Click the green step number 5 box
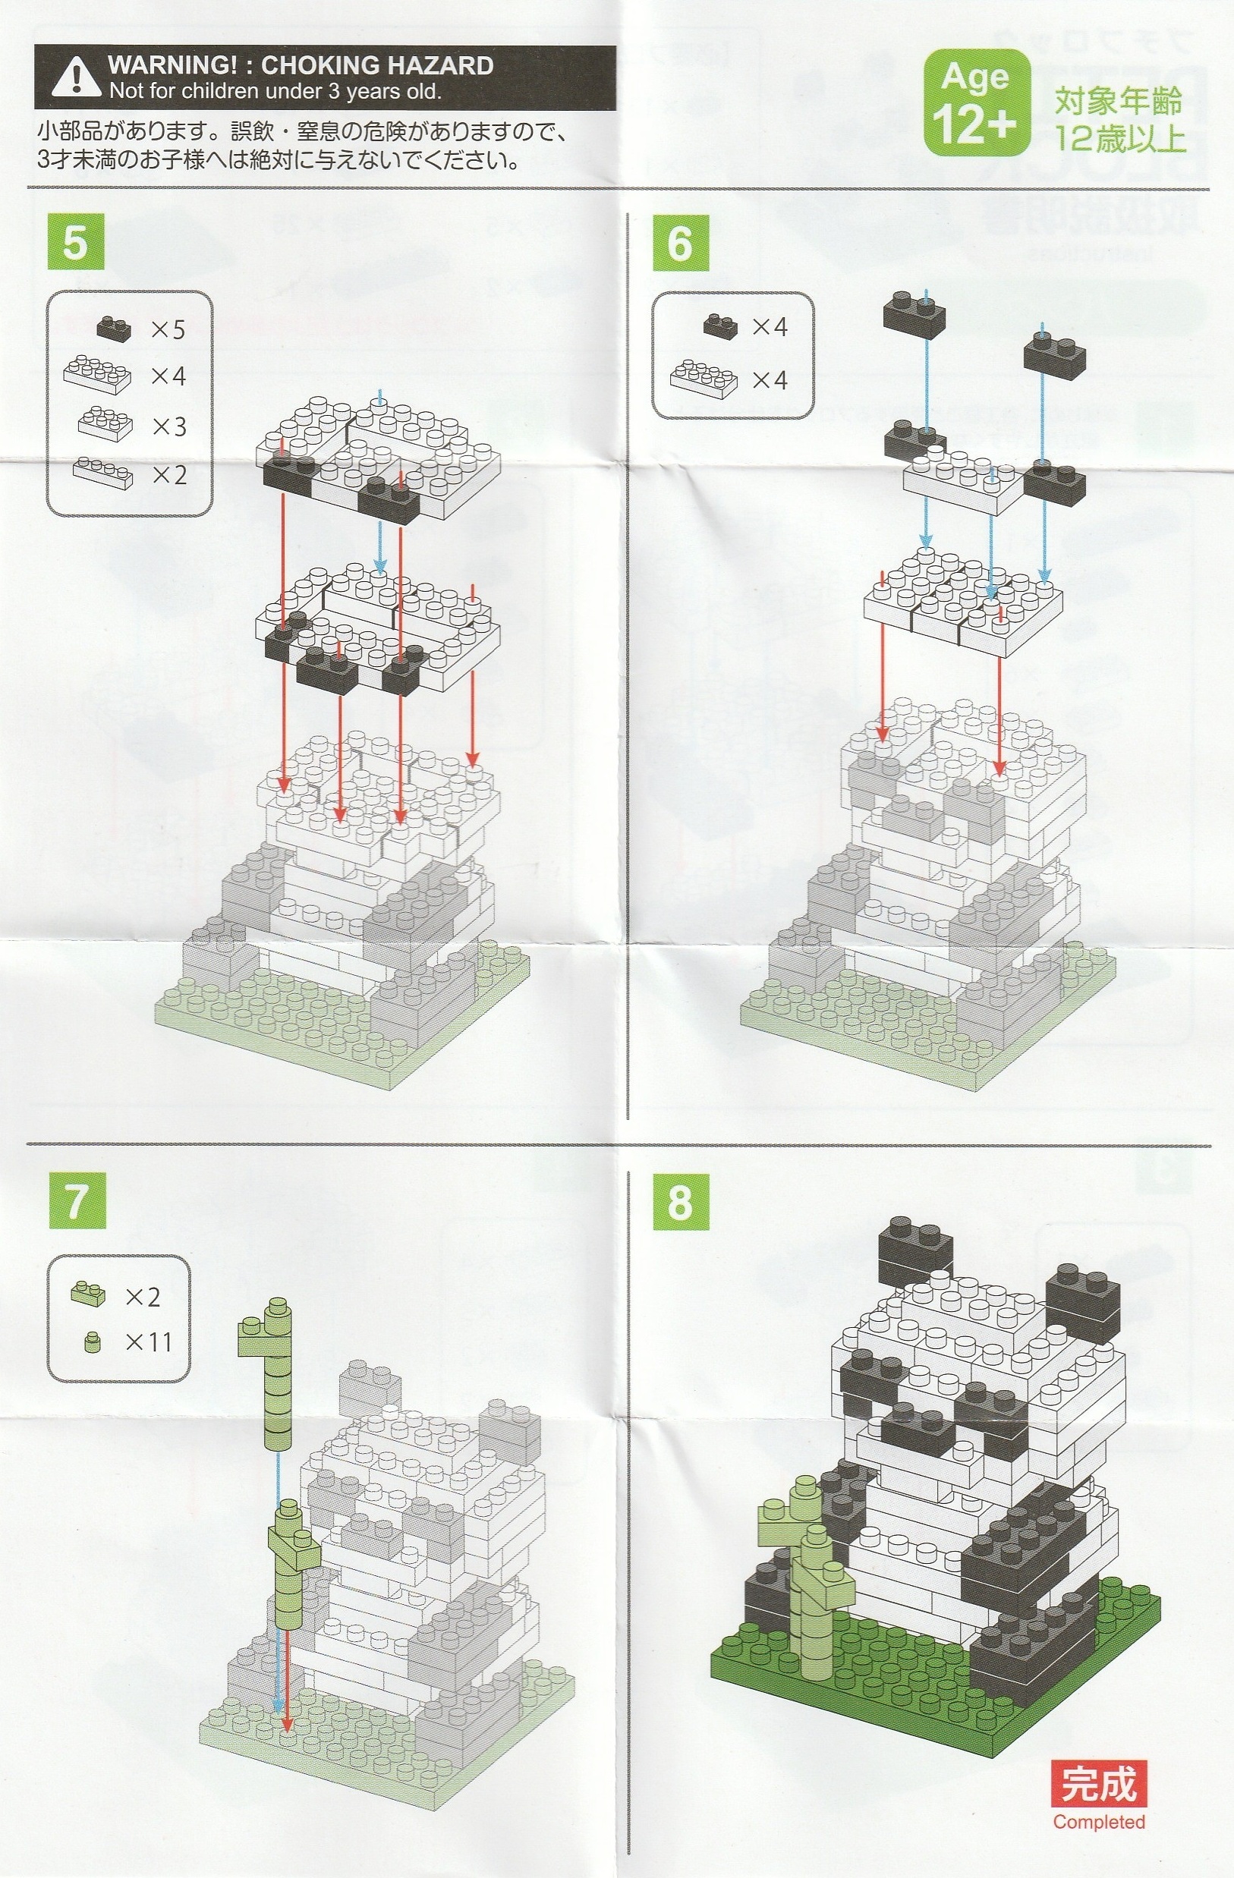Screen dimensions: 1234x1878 pos(76,242)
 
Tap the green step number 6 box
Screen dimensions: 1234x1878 pos(680,242)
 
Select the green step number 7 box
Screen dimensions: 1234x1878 pos(77,1200)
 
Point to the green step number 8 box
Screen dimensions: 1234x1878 pos(680,1200)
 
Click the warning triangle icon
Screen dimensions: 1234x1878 pos(76,77)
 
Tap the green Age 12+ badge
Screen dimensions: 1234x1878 pos(976,102)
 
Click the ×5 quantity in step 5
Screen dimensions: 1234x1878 pos(168,329)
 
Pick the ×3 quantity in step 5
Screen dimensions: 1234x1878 pos(168,426)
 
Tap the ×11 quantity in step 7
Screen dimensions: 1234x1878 pos(148,1342)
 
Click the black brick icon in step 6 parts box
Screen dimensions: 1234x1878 pos(719,325)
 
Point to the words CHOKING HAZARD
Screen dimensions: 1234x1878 pos(377,64)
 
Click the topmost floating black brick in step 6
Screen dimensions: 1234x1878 pos(914,311)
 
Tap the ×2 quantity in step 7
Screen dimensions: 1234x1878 pos(143,1297)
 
